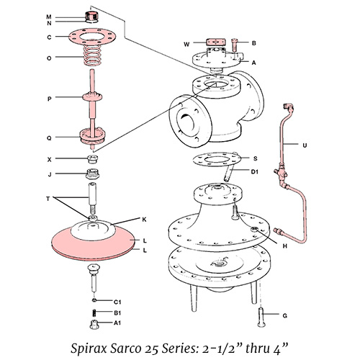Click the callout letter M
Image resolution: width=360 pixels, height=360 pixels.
click(x=49, y=16)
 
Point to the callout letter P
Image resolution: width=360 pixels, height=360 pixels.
click(x=49, y=98)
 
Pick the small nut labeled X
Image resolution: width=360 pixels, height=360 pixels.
click(x=93, y=158)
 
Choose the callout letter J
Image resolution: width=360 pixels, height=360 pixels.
click(x=49, y=174)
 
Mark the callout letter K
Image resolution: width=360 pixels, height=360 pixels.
click(x=144, y=218)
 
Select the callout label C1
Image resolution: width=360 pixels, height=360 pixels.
click(x=116, y=301)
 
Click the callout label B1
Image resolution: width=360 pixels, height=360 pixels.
click(x=116, y=314)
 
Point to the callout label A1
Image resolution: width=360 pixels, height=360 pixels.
click(x=116, y=324)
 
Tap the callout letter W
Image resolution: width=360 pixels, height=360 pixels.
click(x=186, y=44)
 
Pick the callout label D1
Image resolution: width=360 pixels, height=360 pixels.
click(x=254, y=171)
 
